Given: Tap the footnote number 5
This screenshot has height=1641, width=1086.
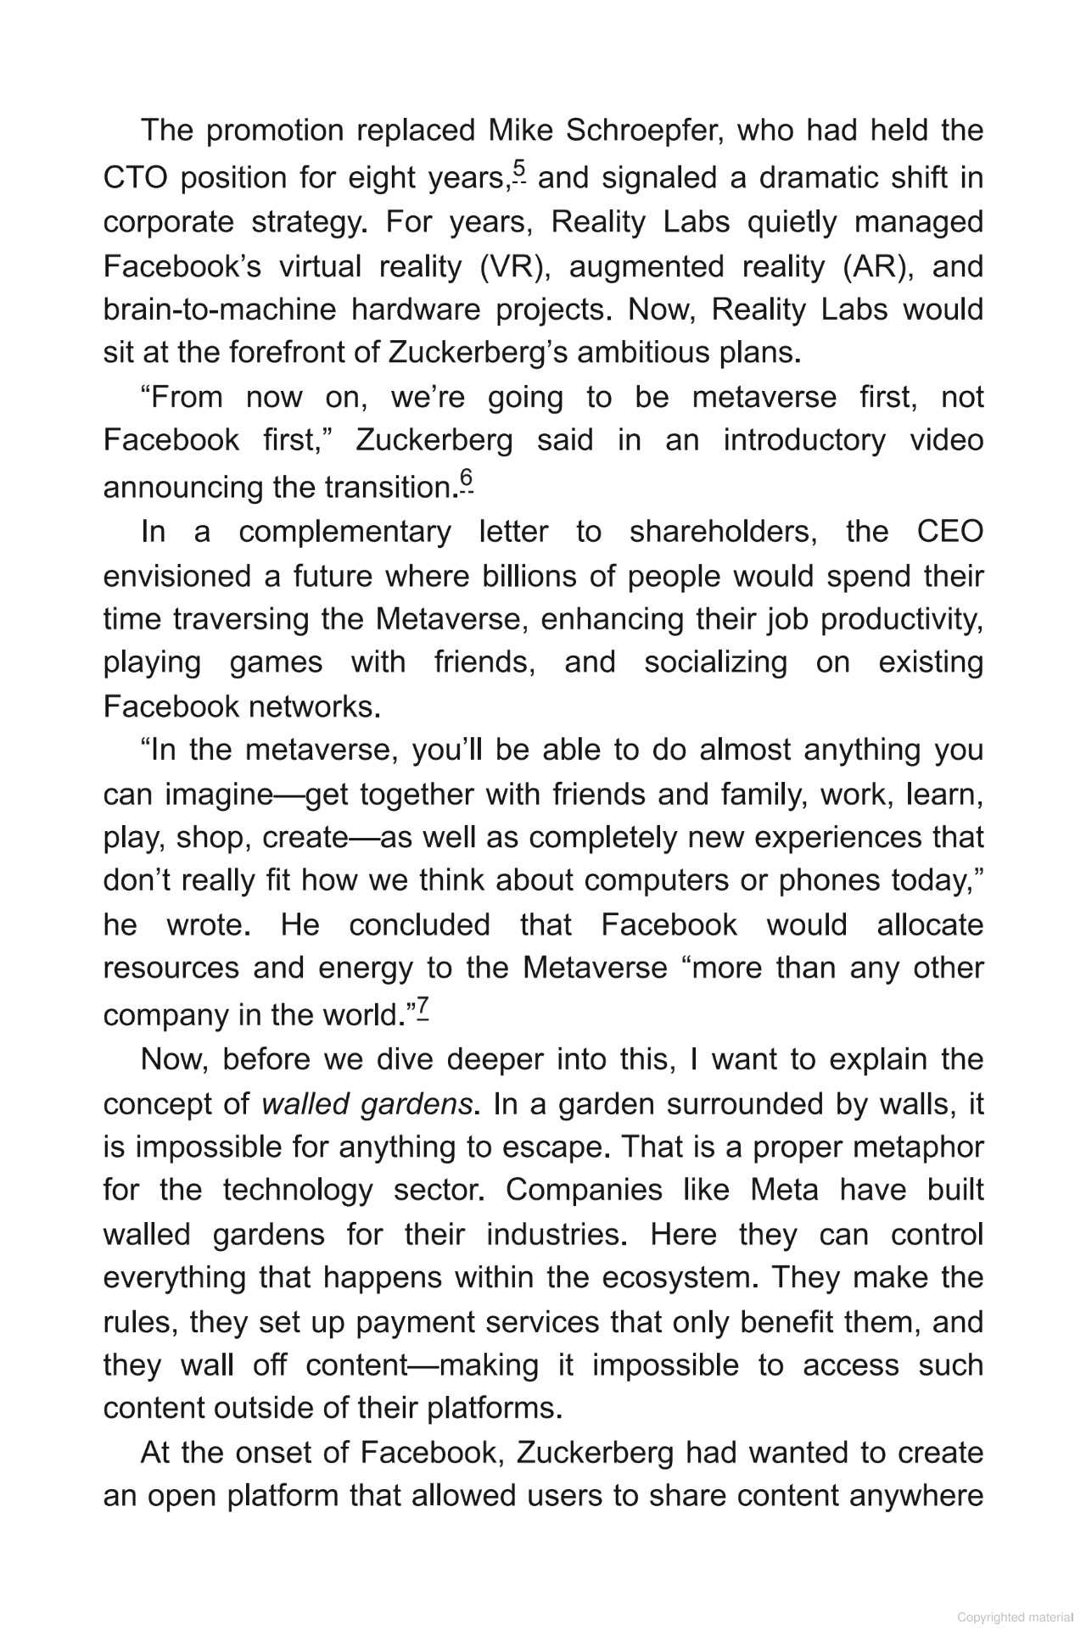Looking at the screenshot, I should point(519,170).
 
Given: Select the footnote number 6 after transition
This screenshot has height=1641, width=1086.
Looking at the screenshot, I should point(466,480).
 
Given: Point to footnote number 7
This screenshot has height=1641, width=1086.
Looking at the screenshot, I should point(422,1007).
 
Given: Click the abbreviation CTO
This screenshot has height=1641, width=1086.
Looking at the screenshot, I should point(136,178).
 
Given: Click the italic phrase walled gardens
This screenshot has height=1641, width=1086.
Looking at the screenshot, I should point(367,1104).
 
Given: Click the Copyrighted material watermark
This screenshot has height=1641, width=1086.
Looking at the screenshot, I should point(1015,1617).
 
